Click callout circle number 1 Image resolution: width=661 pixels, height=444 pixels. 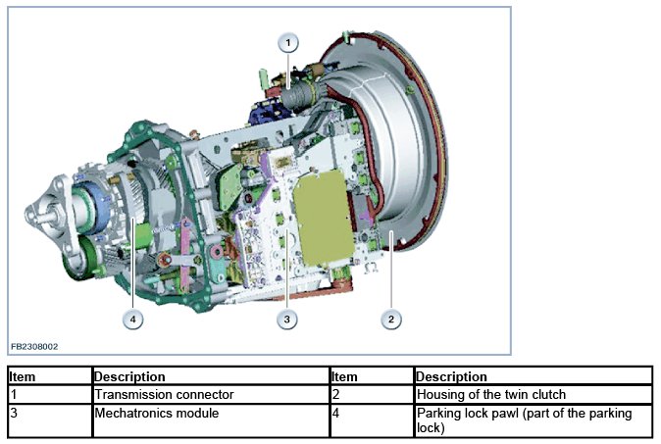point(288,42)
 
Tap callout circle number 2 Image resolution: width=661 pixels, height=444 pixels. point(391,319)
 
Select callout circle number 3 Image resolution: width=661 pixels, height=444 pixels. point(286,319)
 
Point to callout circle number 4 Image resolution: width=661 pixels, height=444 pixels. point(132,319)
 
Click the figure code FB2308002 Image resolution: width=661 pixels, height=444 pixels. point(35,346)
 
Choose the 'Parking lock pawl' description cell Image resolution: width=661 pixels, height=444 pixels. point(533,420)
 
